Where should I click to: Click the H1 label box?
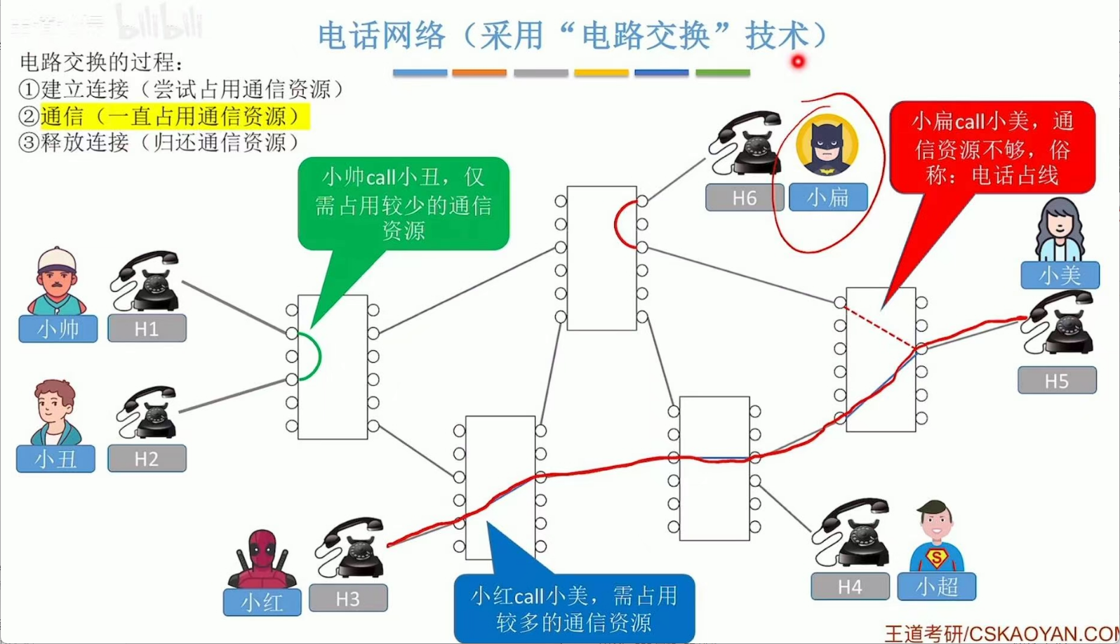(147, 328)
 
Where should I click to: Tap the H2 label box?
(147, 459)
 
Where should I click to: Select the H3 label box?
(348, 598)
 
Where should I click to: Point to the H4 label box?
(850, 586)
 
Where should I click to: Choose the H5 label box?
(1057, 380)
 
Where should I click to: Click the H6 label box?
(744, 198)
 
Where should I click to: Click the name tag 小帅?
(58, 329)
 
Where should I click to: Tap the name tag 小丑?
(55, 459)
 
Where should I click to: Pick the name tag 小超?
(936, 586)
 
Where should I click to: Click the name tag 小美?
(1060, 275)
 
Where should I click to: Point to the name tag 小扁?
(828, 198)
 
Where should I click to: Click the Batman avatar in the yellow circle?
(827, 146)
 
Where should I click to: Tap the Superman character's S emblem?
(936, 558)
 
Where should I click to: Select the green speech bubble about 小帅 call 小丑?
(404, 203)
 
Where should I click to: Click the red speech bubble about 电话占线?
(992, 148)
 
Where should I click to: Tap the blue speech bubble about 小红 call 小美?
(574, 608)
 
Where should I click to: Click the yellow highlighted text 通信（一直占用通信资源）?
(174, 116)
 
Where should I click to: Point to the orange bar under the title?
(479, 72)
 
